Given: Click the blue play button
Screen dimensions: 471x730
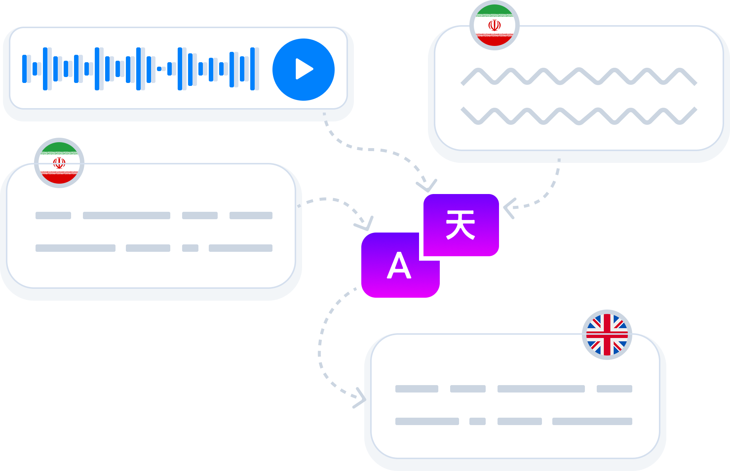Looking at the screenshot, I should pos(303,70).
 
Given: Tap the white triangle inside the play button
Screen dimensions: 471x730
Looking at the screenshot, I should pos(304,69).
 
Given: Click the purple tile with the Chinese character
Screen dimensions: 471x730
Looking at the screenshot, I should pos(461,225).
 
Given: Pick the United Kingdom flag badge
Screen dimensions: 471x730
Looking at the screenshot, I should pos(607,335).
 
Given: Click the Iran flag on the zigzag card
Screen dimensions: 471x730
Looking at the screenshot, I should pos(494,25).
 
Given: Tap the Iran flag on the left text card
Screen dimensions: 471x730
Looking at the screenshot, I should pos(59,163).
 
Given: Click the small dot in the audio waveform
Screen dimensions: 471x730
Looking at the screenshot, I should pos(159,69).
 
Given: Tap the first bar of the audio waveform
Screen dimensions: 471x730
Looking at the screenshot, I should pos(24,69).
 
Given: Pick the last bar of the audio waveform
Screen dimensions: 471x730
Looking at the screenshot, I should pos(252,69).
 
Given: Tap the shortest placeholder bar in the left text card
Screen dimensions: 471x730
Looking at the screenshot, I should pos(190,248).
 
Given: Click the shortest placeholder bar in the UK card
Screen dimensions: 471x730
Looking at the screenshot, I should pos(478,421).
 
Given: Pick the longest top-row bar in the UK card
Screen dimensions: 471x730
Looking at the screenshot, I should pos(541,389).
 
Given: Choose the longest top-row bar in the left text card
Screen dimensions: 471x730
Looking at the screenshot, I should pos(127,216).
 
